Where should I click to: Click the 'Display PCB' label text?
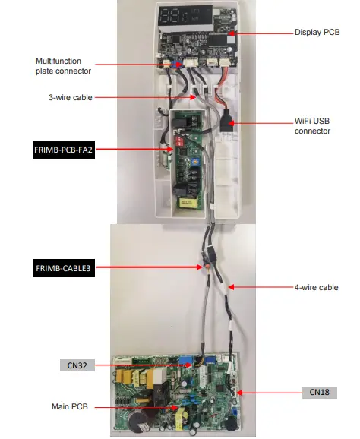[x=317, y=33]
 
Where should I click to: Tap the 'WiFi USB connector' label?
[x=313, y=126]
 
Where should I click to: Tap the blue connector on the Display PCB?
[x=182, y=65]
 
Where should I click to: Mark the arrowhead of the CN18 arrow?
[x=238, y=393]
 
